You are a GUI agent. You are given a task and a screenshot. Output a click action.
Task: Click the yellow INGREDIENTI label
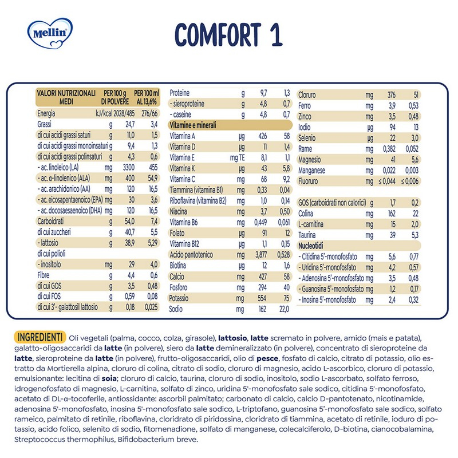[x=41, y=335]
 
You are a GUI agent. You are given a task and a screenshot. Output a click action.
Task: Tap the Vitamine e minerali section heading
[x=194, y=124]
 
